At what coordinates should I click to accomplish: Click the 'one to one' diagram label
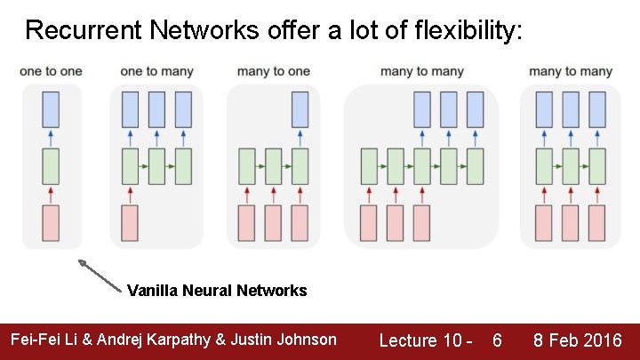(51, 71)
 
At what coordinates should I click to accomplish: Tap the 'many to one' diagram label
(274, 71)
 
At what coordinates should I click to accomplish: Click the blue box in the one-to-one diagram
(51, 108)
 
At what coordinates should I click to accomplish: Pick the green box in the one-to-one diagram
(51, 166)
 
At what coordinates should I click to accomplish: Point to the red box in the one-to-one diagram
(51, 222)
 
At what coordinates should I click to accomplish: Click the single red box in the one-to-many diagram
(130, 222)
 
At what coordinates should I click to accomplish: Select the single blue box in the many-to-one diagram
(300, 108)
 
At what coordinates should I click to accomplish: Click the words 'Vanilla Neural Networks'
(217, 291)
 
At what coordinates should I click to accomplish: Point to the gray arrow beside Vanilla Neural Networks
(100, 275)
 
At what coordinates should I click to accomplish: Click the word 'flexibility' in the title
(468, 31)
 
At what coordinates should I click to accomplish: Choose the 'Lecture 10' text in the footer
(420, 340)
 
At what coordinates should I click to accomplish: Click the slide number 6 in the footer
(497, 340)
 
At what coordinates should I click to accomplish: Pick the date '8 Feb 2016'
(577, 340)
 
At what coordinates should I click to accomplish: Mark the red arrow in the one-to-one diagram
(51, 194)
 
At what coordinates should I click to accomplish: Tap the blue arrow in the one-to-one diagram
(51, 137)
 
